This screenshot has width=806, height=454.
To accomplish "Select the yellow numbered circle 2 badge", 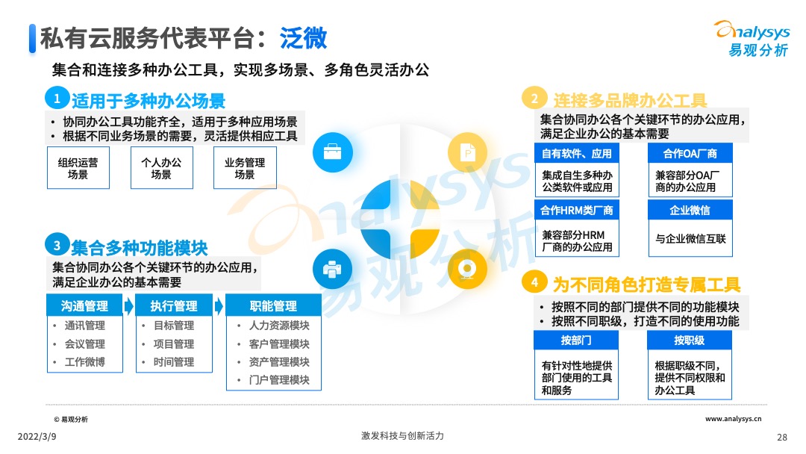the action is point(534,99).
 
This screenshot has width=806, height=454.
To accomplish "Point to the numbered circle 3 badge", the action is point(56,244).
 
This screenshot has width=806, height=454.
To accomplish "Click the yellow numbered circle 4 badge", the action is point(534,282).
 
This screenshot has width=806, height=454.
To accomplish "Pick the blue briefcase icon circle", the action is point(332,153).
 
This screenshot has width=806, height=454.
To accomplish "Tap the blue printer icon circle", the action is point(332,267).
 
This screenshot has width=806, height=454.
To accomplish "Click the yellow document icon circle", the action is point(467,153).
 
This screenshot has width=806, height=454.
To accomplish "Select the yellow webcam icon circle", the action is point(467,267).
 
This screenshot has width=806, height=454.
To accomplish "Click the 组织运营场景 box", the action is point(78,168).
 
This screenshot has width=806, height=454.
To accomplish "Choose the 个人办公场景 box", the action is point(161,168).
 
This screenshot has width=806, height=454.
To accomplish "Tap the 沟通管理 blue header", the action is point(85,305).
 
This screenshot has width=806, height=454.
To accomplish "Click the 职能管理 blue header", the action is point(274,305).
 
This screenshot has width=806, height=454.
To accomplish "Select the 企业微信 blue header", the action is point(690,211).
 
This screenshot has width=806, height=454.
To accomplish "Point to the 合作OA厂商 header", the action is point(690,153).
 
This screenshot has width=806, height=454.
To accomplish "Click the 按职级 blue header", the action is point(690,340).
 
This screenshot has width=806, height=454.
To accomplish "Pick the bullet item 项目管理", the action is point(174,344).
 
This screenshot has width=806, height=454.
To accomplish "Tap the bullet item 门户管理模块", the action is point(279,380).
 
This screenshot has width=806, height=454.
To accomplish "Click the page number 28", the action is point(782,437).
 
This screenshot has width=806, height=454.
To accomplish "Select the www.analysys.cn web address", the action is point(734,420).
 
